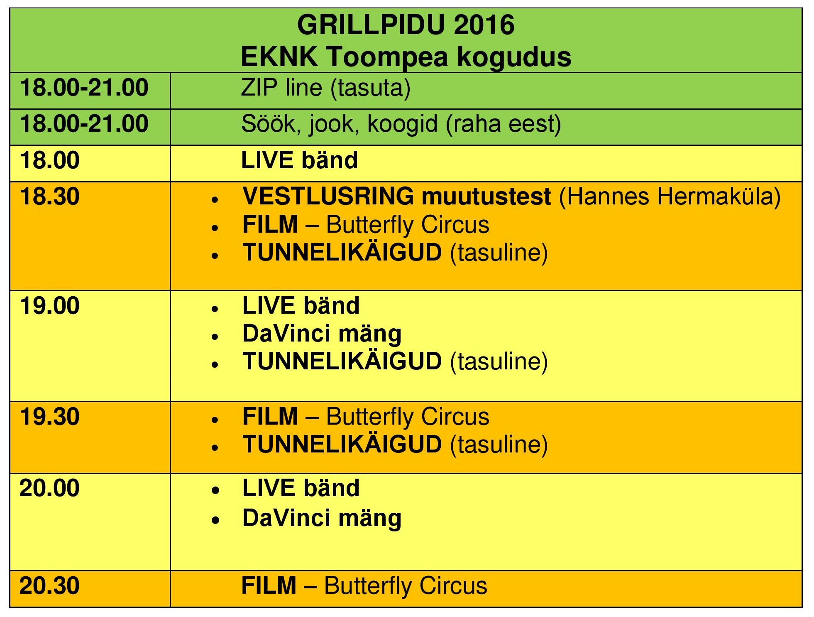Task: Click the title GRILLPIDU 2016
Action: coord(406,25)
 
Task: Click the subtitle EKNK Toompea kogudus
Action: coord(406,57)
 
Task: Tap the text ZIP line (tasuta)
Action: coord(326,88)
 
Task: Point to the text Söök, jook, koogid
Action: coord(340,124)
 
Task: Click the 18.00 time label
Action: coord(49,160)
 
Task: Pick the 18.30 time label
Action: coord(49,197)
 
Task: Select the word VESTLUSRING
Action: coord(328,196)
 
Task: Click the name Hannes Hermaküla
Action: coord(670,196)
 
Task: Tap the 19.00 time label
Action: coord(49,306)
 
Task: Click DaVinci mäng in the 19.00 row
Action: coord(322,334)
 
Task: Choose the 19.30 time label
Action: coord(49,417)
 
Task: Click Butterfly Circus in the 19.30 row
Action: coord(408,416)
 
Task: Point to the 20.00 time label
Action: coord(49,488)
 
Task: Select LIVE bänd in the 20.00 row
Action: coord(301,488)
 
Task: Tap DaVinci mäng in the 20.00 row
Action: coord(322,519)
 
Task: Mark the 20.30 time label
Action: coord(49,586)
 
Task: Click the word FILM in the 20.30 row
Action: coord(269,586)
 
